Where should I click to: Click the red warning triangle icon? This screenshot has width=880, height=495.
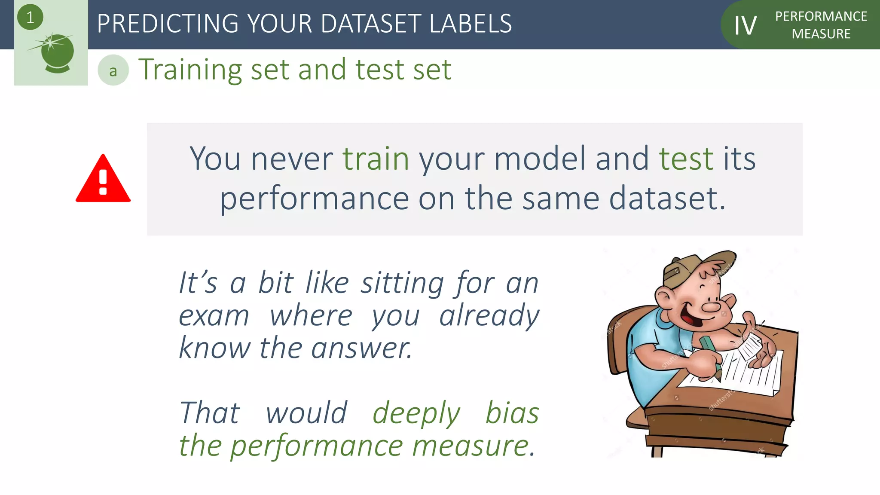[x=103, y=180]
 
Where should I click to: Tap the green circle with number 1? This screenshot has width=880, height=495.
[x=30, y=17]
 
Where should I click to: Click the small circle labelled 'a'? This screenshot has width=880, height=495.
[x=113, y=70]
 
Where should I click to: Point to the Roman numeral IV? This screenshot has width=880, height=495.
[x=745, y=25]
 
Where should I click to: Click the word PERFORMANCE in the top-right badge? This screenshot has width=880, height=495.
[x=821, y=16]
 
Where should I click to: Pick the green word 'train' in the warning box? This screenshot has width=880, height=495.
[x=376, y=159]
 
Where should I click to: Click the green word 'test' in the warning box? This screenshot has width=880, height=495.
[x=686, y=159]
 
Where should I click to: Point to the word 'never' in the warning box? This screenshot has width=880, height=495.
[x=292, y=159]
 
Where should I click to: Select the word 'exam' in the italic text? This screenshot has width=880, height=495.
[x=214, y=316]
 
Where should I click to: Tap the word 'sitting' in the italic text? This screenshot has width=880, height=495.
[x=402, y=284]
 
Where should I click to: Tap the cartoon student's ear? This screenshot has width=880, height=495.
[x=665, y=297]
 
